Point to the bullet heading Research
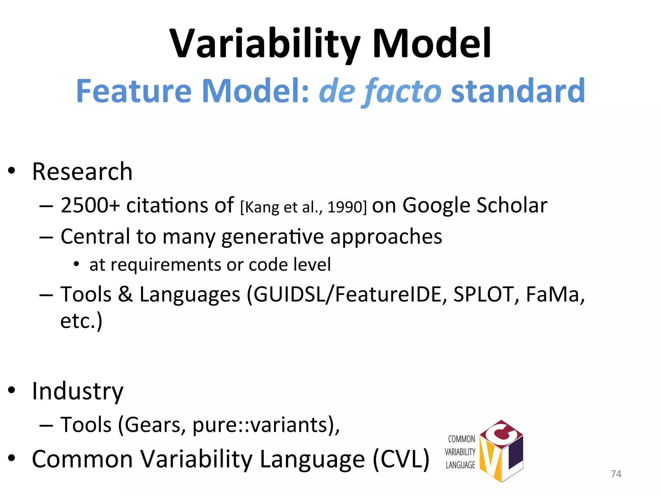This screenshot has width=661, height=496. (82, 171)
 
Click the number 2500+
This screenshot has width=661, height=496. (90, 205)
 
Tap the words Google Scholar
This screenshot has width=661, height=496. (474, 205)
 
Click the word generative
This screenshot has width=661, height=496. (272, 237)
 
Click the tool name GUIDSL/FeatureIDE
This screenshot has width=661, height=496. (347, 294)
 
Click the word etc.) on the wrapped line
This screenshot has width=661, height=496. (81, 321)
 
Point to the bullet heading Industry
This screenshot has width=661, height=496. (77, 391)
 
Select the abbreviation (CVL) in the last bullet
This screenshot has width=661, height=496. (401, 459)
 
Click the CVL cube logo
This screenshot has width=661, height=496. (501, 451)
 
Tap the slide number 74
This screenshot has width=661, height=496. (616, 474)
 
